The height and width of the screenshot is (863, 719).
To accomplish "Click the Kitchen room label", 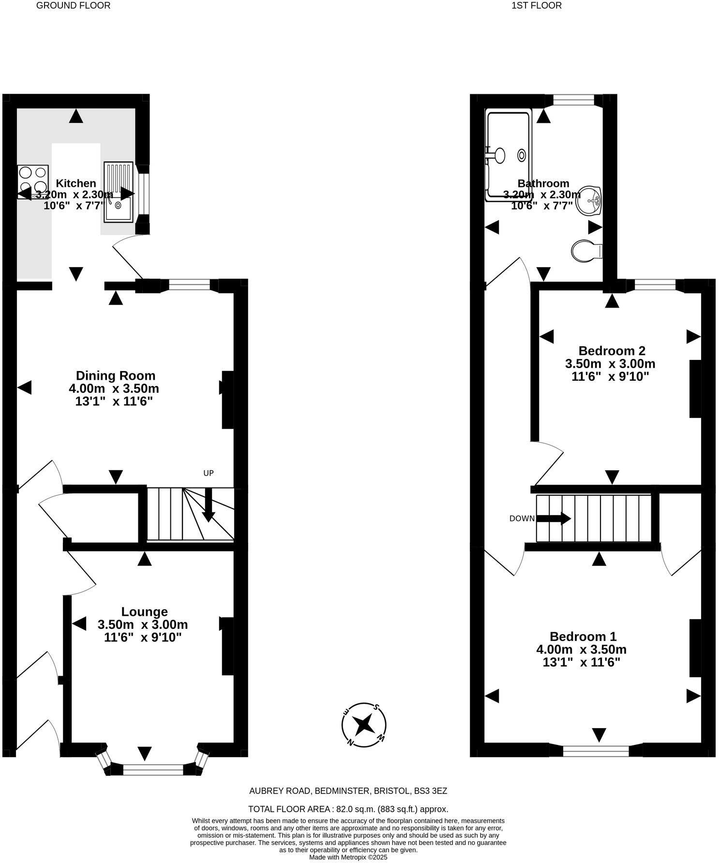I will pyautogui.click(x=76, y=183).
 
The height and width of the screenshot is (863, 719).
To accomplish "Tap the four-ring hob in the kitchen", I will pyautogui.click(x=33, y=179).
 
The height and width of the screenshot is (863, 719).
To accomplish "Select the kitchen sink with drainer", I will pyautogui.click(x=118, y=192).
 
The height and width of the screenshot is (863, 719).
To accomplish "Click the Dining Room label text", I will pyautogui.click(x=116, y=375).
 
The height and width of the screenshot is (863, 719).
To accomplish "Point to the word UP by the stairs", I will pyautogui.click(x=208, y=473).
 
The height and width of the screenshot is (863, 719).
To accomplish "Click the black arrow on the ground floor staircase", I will pyautogui.click(x=209, y=505).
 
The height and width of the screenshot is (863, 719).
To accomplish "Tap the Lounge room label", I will pyautogui.click(x=144, y=611).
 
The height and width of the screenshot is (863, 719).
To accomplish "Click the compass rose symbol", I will pyautogui.click(x=363, y=725).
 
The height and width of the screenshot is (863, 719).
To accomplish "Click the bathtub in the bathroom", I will pyautogui.click(x=508, y=155).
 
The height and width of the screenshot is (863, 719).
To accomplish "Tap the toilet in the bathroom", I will pyautogui.click(x=586, y=251).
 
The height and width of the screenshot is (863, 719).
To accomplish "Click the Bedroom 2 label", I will pyautogui.click(x=612, y=350).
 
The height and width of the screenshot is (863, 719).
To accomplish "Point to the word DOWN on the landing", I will pyautogui.click(x=522, y=519).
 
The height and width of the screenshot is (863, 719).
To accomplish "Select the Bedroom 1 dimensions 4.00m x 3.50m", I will pyautogui.click(x=581, y=649).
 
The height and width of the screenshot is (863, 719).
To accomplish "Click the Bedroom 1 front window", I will pyautogui.click(x=596, y=751).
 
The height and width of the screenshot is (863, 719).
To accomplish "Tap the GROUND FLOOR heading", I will pyautogui.click(x=74, y=6).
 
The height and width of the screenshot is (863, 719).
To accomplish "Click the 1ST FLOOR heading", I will pyautogui.click(x=536, y=6).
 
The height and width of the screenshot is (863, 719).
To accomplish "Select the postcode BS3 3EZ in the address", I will pyautogui.click(x=431, y=791).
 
